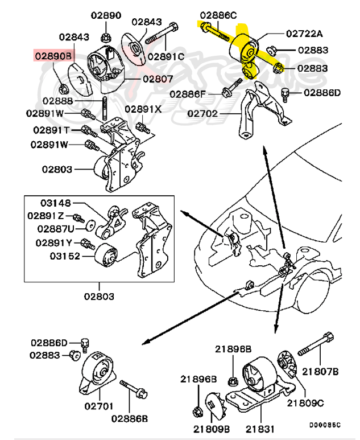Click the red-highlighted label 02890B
(x=54, y=56)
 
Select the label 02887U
(x=56, y=229)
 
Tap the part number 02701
(x=99, y=406)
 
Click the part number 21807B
(x=320, y=372)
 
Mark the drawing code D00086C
(x=325, y=425)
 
